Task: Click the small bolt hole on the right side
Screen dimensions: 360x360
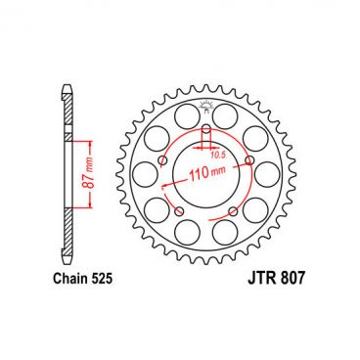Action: click(x=251, y=159)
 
